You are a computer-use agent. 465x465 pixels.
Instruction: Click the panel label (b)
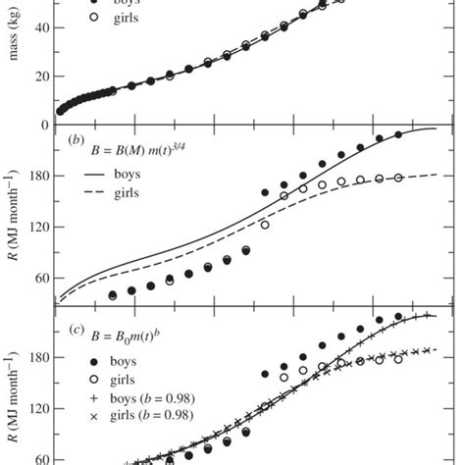(75, 139)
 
